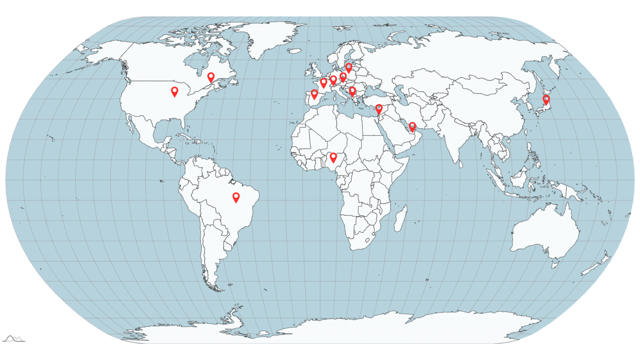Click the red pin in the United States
(x=174, y=91)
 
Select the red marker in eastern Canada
(x=211, y=77)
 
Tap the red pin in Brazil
(x=236, y=197)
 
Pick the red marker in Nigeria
(x=333, y=157)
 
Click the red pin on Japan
(x=546, y=99)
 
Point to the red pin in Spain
(x=314, y=94)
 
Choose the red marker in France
(x=323, y=82)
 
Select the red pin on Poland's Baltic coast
(x=349, y=67)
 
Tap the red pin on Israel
(x=379, y=109)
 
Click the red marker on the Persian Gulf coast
(x=412, y=127)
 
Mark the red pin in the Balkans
(x=352, y=91)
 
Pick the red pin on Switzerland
(x=333, y=80)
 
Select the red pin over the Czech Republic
(x=343, y=77)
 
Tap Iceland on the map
(x=294, y=51)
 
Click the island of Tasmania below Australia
(x=555, y=265)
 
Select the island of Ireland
(x=307, y=71)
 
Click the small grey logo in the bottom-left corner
(x=14, y=339)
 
